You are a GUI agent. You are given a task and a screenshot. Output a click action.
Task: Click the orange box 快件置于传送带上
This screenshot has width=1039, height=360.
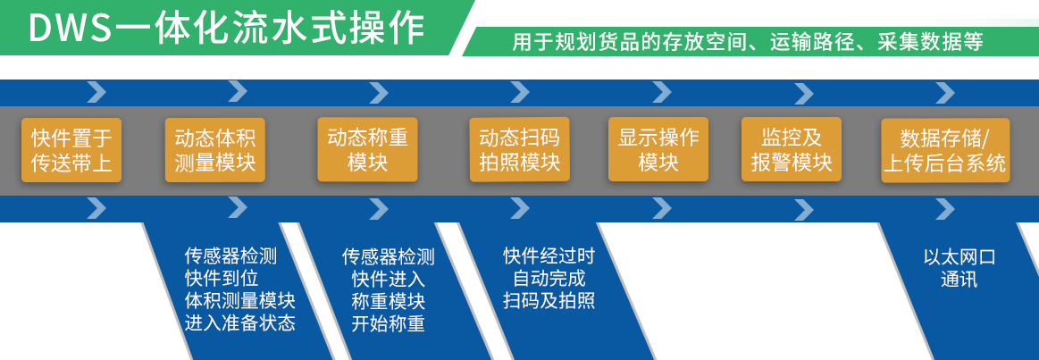click(x=71, y=150)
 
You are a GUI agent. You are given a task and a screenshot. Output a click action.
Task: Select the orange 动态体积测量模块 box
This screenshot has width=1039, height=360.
click(x=215, y=150)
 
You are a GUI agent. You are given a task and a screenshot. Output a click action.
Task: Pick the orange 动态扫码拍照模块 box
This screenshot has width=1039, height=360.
click(x=519, y=149)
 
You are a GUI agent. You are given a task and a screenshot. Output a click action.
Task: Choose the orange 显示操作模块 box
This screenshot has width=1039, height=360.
click(x=658, y=149)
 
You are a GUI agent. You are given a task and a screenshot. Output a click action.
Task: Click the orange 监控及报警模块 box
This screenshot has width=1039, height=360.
click(x=792, y=149)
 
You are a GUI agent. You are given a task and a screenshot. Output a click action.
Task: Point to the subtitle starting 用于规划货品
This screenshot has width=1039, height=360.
click(x=748, y=42)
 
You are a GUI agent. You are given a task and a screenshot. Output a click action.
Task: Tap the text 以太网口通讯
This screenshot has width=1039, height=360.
click(x=959, y=268)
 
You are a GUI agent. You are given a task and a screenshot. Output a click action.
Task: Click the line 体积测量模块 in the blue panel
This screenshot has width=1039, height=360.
click(x=239, y=300)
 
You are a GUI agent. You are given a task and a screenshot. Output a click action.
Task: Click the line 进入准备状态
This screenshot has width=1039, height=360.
click(x=239, y=322)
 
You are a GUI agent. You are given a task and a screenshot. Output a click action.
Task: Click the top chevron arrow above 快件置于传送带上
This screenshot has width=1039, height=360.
click(x=96, y=91)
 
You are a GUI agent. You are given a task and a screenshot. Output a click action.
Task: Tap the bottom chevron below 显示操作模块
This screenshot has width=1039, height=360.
click(x=661, y=209)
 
